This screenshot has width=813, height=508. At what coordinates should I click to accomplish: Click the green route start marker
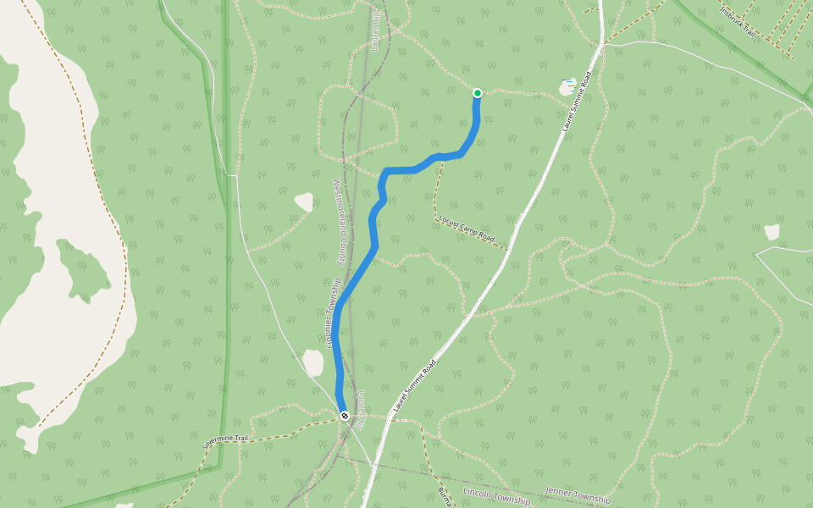click(478, 93)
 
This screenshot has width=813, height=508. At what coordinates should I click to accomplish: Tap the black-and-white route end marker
click(345, 415)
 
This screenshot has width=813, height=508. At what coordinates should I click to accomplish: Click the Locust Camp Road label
click(467, 228)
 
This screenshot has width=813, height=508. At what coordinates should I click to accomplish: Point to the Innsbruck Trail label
click(743, 21)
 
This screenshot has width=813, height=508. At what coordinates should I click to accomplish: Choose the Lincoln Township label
click(496, 496)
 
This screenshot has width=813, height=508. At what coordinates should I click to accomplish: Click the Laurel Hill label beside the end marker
click(360, 411)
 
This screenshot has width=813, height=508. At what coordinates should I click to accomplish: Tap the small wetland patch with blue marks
click(567, 86)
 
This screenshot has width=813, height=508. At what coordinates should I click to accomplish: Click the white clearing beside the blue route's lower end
click(313, 362)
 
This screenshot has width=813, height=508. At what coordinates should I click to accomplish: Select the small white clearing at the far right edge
click(772, 232)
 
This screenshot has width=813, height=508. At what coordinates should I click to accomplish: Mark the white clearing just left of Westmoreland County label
click(303, 202)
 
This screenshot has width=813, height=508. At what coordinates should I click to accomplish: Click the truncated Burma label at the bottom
click(443, 496)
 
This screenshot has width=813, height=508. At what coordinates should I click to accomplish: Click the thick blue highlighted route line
click(356, 279)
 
